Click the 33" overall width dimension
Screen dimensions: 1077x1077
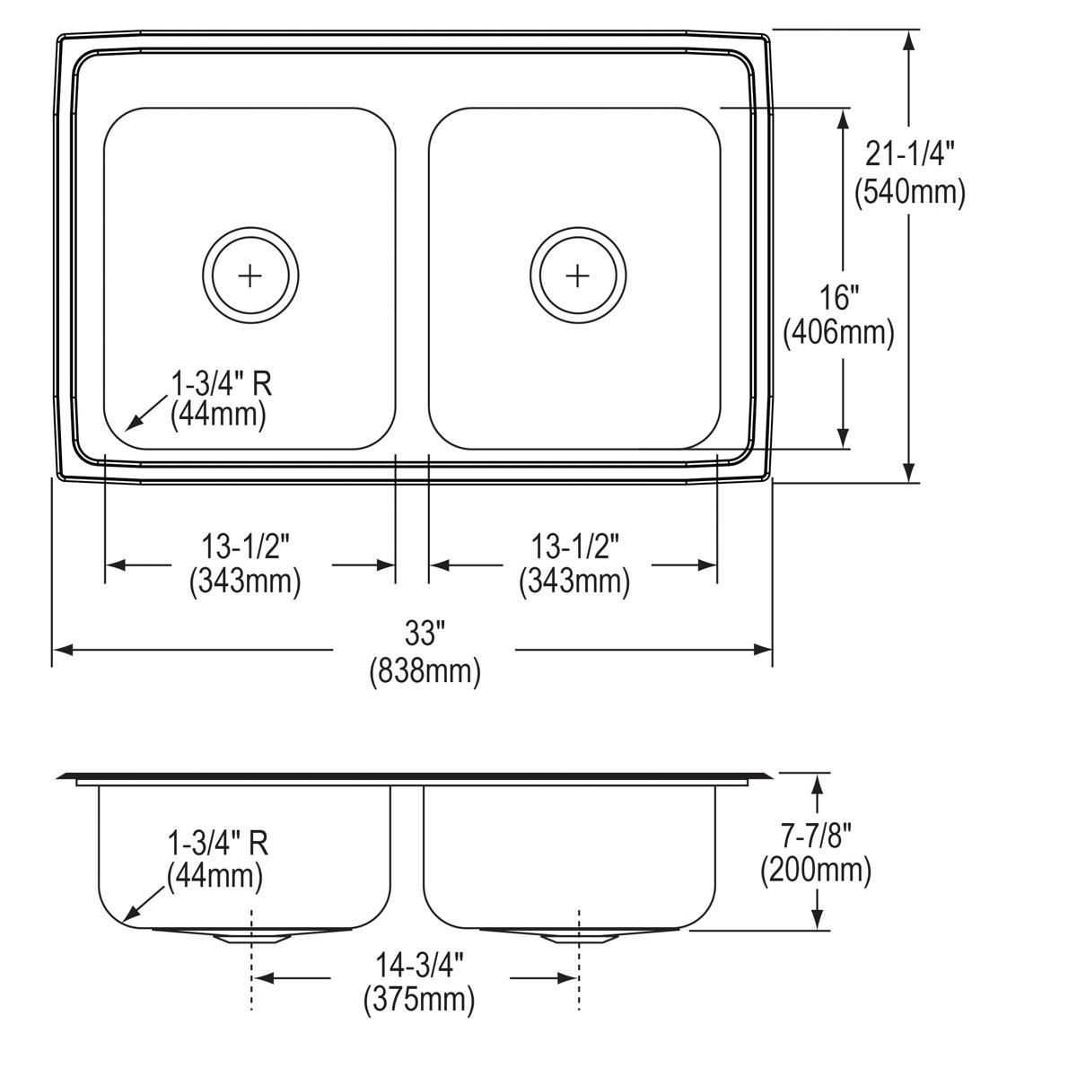[x=425, y=634]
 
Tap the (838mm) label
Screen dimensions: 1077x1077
[x=425, y=671]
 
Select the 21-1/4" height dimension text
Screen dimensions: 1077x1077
[x=910, y=153]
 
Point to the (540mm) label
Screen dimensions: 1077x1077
[x=910, y=192]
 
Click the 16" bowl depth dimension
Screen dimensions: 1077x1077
[x=839, y=297]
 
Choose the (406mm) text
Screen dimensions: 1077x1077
[x=839, y=334]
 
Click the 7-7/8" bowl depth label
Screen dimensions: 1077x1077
[x=816, y=836]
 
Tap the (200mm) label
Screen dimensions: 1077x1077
[x=816, y=871]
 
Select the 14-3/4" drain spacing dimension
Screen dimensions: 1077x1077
[x=419, y=965]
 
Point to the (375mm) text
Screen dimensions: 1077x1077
[x=419, y=1000]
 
